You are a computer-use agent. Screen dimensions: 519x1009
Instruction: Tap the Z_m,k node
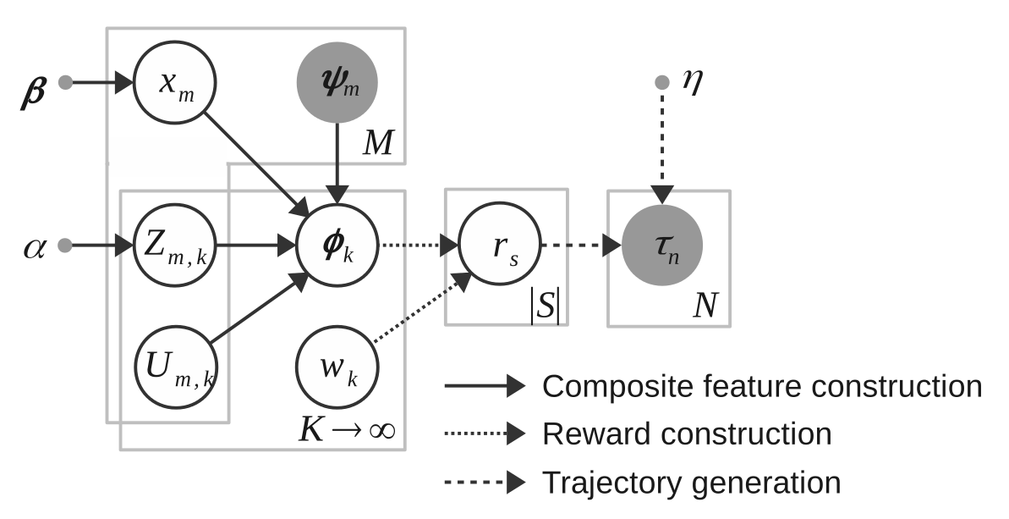[175, 246]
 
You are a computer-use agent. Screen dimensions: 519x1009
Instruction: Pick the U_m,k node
[175, 368]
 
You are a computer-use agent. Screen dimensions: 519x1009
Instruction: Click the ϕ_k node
[337, 246]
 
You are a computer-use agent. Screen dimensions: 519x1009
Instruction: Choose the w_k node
[337, 368]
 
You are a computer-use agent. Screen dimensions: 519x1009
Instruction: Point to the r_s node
[499, 246]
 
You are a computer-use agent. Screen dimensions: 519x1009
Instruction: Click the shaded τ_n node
[661, 246]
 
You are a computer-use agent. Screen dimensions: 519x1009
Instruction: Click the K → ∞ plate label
[348, 430]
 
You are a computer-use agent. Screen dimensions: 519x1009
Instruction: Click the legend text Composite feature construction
[761, 387]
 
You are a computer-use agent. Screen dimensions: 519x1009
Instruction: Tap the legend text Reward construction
[687, 434]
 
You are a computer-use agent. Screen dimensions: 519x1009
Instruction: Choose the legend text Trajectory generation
[691, 483]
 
